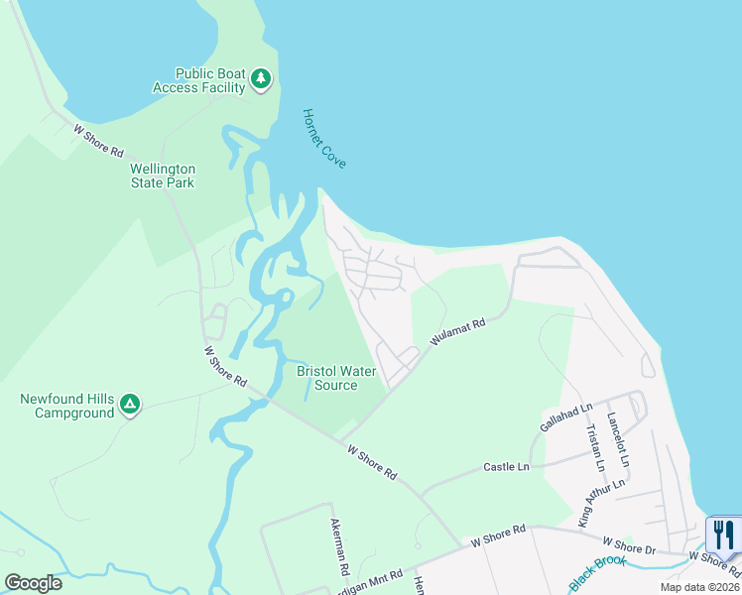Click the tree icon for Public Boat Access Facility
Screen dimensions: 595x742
click(261, 79)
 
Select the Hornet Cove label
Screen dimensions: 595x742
click(324, 138)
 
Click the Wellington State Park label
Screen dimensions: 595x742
click(163, 176)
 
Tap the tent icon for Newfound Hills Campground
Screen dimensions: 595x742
click(129, 405)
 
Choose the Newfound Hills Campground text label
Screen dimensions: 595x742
click(67, 406)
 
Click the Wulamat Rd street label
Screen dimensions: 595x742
click(457, 332)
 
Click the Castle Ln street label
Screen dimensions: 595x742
click(506, 466)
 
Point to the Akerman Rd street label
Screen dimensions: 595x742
click(339, 548)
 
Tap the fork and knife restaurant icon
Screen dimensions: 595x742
click(723, 535)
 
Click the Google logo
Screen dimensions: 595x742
click(33, 583)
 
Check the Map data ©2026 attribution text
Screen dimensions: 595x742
click(698, 587)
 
